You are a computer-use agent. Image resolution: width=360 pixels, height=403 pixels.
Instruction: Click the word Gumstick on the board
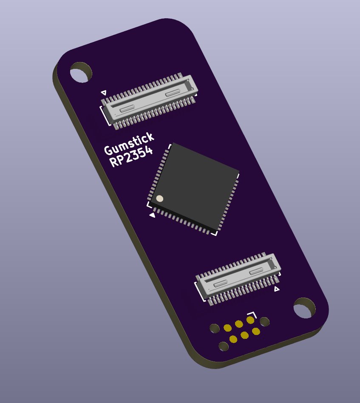(129, 144)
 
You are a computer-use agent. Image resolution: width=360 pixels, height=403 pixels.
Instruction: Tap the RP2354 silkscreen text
(131, 157)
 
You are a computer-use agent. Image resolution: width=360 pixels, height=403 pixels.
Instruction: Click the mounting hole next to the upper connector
(81, 72)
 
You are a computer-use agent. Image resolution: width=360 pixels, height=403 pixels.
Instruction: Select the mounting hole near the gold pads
(304, 308)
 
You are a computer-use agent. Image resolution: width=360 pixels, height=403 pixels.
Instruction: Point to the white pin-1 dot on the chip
(159, 199)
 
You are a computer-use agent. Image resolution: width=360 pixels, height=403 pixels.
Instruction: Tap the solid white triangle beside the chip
(153, 215)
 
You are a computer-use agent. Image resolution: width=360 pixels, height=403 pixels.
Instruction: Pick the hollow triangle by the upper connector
(104, 92)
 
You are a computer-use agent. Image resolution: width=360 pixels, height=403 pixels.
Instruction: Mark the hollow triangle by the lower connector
(277, 289)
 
